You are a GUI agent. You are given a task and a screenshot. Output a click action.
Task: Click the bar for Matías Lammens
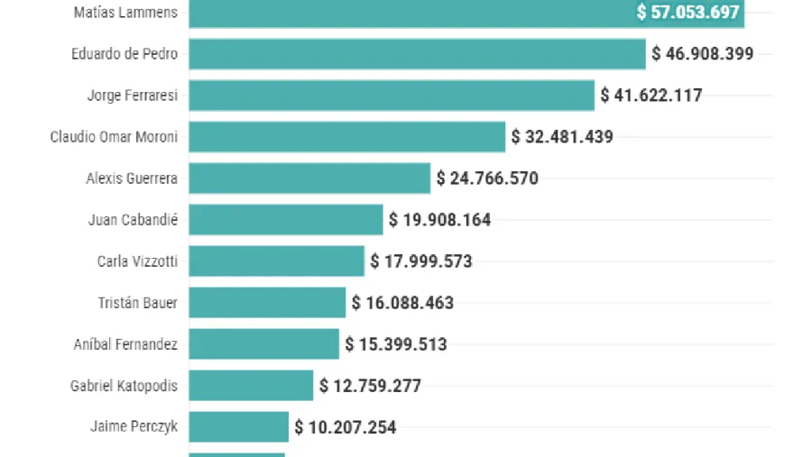(406, 13)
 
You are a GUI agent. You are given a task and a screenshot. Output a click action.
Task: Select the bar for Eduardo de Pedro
(417, 54)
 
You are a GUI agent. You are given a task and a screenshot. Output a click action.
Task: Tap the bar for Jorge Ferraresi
(392, 96)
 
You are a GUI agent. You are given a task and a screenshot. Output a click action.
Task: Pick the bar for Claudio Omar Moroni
(347, 137)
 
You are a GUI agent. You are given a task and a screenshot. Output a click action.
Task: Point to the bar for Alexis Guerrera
(309, 178)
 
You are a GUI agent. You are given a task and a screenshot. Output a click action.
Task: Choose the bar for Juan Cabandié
(286, 220)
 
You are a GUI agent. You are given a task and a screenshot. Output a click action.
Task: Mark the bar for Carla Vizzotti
(277, 261)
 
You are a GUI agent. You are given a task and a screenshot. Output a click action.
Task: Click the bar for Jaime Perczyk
(239, 427)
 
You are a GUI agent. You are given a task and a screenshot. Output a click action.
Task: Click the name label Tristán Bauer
(137, 303)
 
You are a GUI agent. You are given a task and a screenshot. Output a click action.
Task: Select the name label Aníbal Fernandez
(125, 344)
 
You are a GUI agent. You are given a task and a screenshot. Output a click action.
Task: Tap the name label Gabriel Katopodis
(124, 386)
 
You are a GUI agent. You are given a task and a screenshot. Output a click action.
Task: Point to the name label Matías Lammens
(125, 13)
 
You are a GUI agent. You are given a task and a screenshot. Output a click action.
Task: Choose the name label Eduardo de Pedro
(125, 54)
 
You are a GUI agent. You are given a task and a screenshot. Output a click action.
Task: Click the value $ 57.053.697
(687, 13)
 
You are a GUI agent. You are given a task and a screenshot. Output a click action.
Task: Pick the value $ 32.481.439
(562, 137)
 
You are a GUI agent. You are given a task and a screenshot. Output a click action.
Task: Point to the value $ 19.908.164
(440, 220)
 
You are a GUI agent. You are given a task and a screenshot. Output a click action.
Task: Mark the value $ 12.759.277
(370, 386)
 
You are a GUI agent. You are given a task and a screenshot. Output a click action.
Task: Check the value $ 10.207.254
(346, 427)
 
